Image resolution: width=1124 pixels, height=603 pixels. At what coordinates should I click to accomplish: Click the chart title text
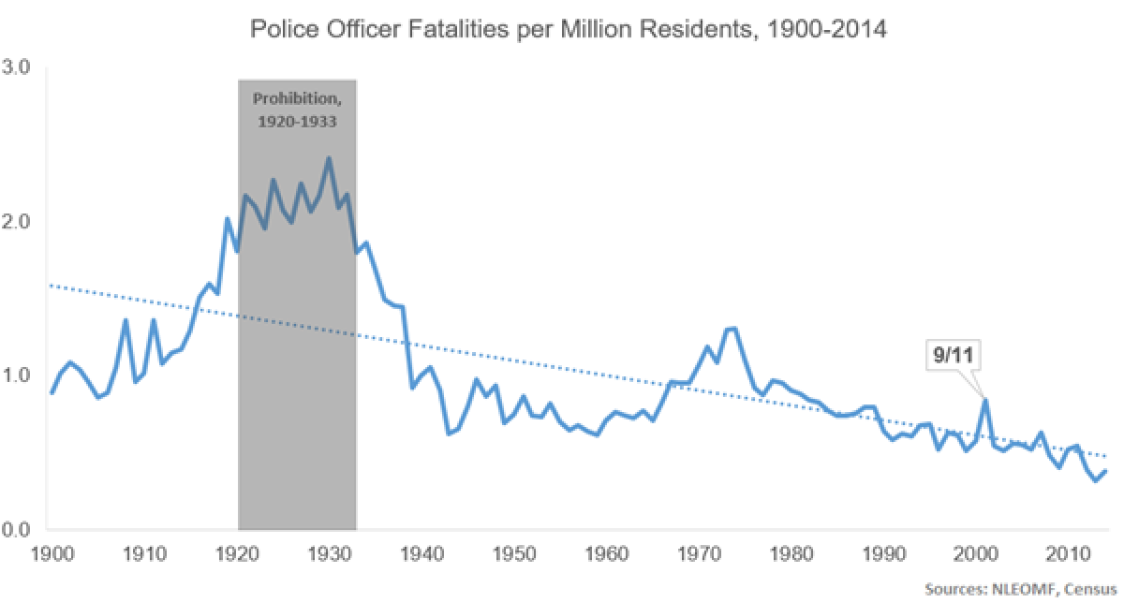[569, 29]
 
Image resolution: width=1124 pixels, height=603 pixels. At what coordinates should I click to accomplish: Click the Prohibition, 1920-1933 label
[297, 110]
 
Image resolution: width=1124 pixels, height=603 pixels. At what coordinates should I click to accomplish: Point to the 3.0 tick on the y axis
[19, 68]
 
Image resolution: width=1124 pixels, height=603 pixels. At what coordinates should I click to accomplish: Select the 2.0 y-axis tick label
[19, 222]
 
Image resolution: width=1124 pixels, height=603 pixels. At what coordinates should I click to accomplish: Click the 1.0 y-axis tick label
[19, 375]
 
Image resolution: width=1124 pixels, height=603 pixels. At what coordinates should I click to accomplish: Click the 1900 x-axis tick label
[51, 553]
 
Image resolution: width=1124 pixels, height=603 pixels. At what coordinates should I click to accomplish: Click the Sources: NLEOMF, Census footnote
[1022, 591]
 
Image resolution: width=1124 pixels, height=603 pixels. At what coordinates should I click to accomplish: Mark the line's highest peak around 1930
[328, 158]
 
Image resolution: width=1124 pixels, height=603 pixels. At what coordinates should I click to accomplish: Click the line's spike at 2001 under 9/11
[985, 400]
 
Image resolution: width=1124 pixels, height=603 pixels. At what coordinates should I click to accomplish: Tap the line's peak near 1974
[732, 328]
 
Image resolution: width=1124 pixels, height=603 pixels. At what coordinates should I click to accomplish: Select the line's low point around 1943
[449, 434]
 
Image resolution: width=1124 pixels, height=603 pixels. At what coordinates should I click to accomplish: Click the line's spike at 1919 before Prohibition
[228, 219]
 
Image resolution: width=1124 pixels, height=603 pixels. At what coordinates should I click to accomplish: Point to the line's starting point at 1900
[52, 392]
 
